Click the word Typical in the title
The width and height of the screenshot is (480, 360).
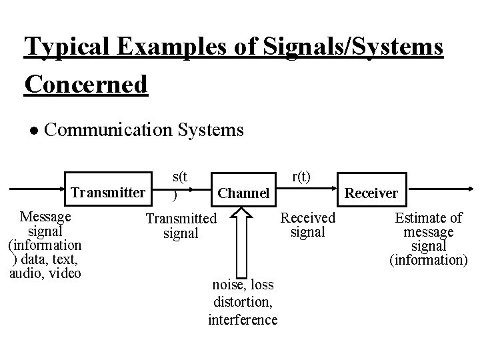click(61, 48)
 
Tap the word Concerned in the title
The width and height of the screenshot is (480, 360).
click(85, 85)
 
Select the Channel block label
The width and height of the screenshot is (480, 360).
click(244, 193)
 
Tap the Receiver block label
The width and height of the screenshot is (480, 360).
click(371, 193)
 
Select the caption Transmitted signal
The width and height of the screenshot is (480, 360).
click(181, 225)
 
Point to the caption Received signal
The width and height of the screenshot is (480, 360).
click(308, 225)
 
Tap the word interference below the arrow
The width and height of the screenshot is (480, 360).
click(243, 319)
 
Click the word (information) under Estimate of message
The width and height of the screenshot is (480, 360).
click(429, 259)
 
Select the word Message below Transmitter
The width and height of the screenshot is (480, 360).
click(46, 217)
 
